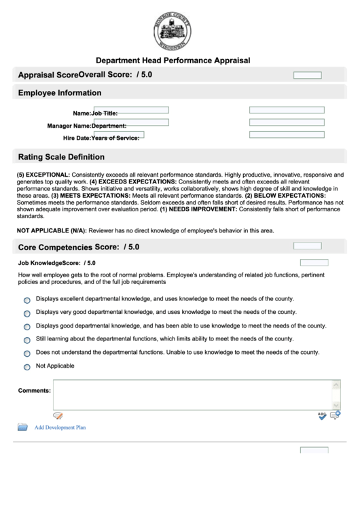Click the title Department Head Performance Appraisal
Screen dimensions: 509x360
(173, 60)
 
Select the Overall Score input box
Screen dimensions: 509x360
(307, 75)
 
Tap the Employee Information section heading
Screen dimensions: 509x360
(60, 93)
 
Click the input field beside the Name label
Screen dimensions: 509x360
(130, 110)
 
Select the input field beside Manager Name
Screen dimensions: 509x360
(130, 123)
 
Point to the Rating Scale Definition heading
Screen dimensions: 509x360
(61, 156)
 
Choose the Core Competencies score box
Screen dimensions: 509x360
(307, 246)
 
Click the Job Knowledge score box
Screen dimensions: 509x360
(314, 262)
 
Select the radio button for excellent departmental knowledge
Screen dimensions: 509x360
(27, 300)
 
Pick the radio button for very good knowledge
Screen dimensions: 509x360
(27, 313)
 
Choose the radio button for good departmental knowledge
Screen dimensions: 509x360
(27, 327)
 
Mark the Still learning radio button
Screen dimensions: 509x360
(27, 340)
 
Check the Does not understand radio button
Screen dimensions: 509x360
(27, 353)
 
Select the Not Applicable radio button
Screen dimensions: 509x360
(27, 367)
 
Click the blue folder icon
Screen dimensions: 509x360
(22, 427)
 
